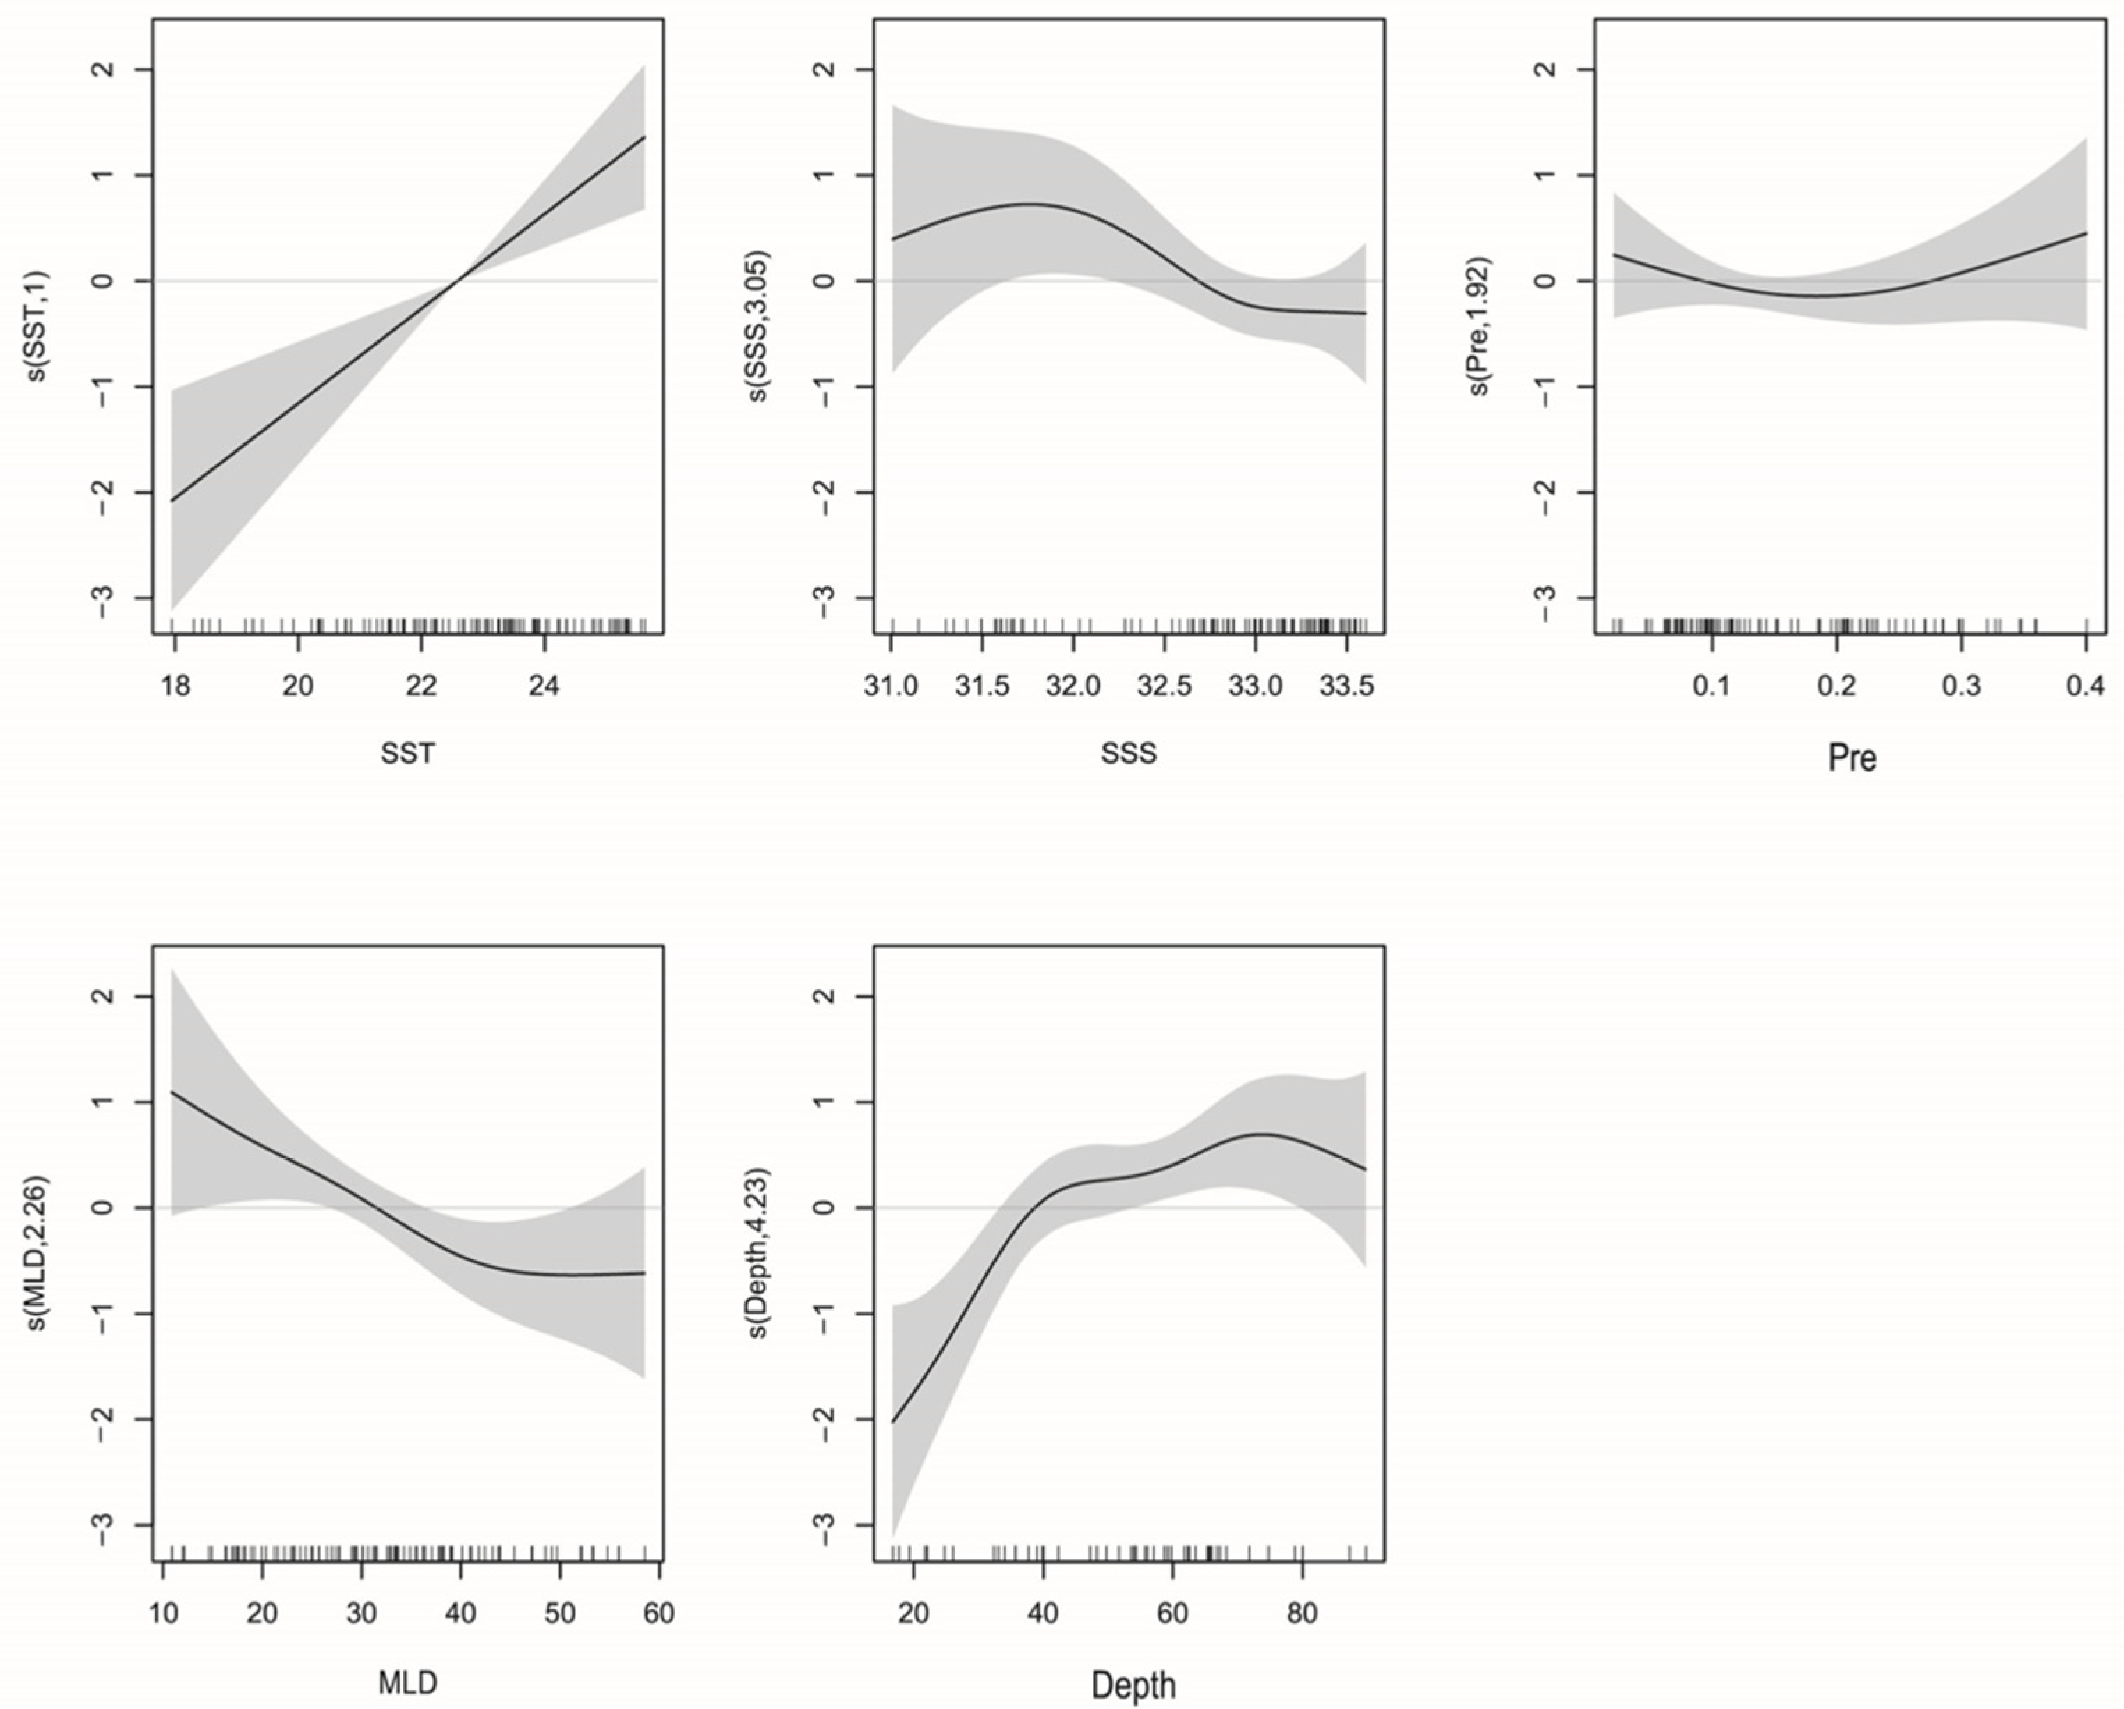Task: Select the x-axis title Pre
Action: pos(1852,757)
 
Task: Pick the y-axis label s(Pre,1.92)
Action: pos(1481,328)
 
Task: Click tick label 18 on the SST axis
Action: pos(175,686)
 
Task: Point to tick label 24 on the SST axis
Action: pos(544,686)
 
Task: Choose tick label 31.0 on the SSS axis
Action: pos(891,686)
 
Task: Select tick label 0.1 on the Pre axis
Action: pos(1712,686)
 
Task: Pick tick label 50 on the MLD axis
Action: pos(560,1614)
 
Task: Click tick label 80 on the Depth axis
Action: pos(1302,1614)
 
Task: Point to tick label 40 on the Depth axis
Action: pos(1043,1614)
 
